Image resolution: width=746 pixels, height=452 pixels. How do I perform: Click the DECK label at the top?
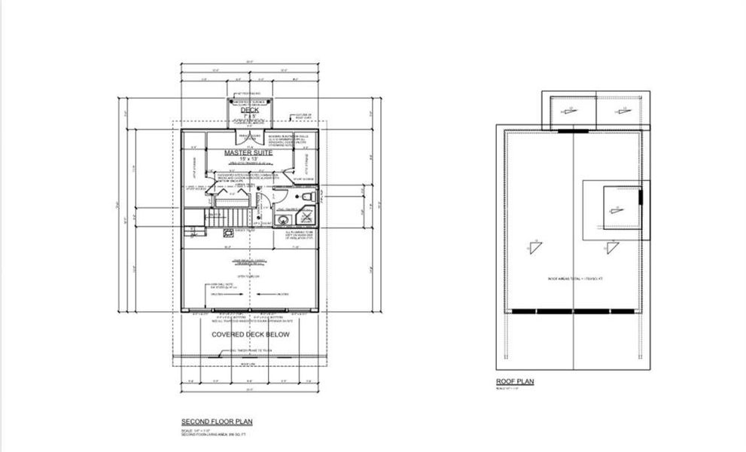pos(249,110)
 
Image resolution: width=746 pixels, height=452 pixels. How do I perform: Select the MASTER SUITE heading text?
pos(249,152)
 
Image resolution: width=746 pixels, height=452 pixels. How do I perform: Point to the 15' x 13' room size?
pos(249,160)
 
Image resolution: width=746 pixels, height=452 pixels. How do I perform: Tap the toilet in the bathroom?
pos(307,197)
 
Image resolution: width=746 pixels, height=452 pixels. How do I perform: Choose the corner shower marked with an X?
pos(308,220)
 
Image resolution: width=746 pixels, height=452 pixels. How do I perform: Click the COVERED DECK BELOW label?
pos(250,334)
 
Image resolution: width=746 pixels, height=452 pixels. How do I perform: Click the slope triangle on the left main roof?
pos(536,248)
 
